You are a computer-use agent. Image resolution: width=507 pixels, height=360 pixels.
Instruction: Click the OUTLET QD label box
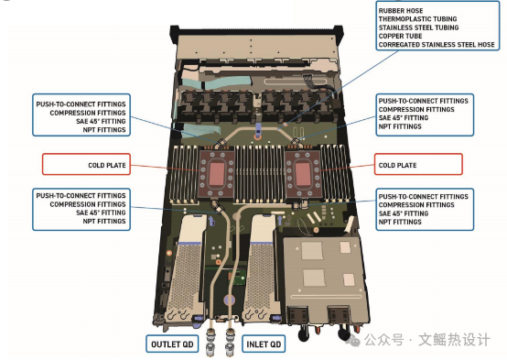click(171, 344)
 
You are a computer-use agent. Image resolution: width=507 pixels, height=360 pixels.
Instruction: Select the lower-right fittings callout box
click(423, 210)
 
